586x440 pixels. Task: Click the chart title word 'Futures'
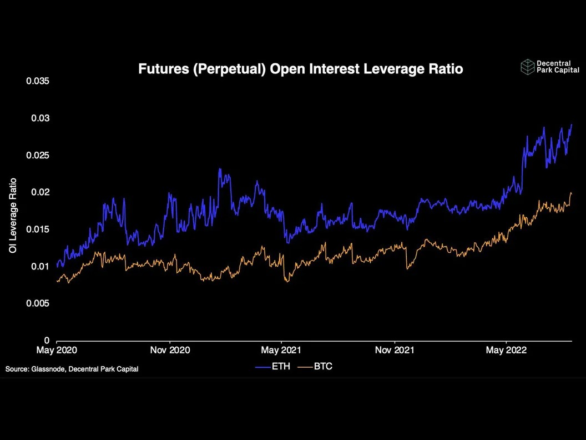[164, 69]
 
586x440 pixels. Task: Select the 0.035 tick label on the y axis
[37, 81]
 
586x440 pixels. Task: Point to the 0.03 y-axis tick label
[40, 118]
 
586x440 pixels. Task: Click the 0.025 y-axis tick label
[37, 155]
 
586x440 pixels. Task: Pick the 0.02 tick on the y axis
[40, 192]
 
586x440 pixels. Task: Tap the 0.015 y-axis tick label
[37, 229]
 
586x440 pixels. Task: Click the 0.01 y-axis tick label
[40, 266]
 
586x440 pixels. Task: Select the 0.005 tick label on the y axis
[37, 303]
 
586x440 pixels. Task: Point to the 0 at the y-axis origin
[47, 340]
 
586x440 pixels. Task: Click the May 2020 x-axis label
[57, 350]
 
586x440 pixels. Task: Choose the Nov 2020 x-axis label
[170, 350]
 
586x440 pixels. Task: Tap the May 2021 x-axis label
[281, 350]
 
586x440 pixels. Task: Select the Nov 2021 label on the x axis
[395, 350]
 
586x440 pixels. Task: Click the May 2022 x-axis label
[506, 350]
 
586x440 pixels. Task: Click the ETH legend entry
[273, 366]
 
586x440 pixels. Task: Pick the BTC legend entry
[315, 366]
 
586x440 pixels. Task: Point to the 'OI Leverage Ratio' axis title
[13, 216]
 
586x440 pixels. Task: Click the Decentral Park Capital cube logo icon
[528, 67]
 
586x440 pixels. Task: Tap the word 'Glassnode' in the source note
[49, 369]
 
